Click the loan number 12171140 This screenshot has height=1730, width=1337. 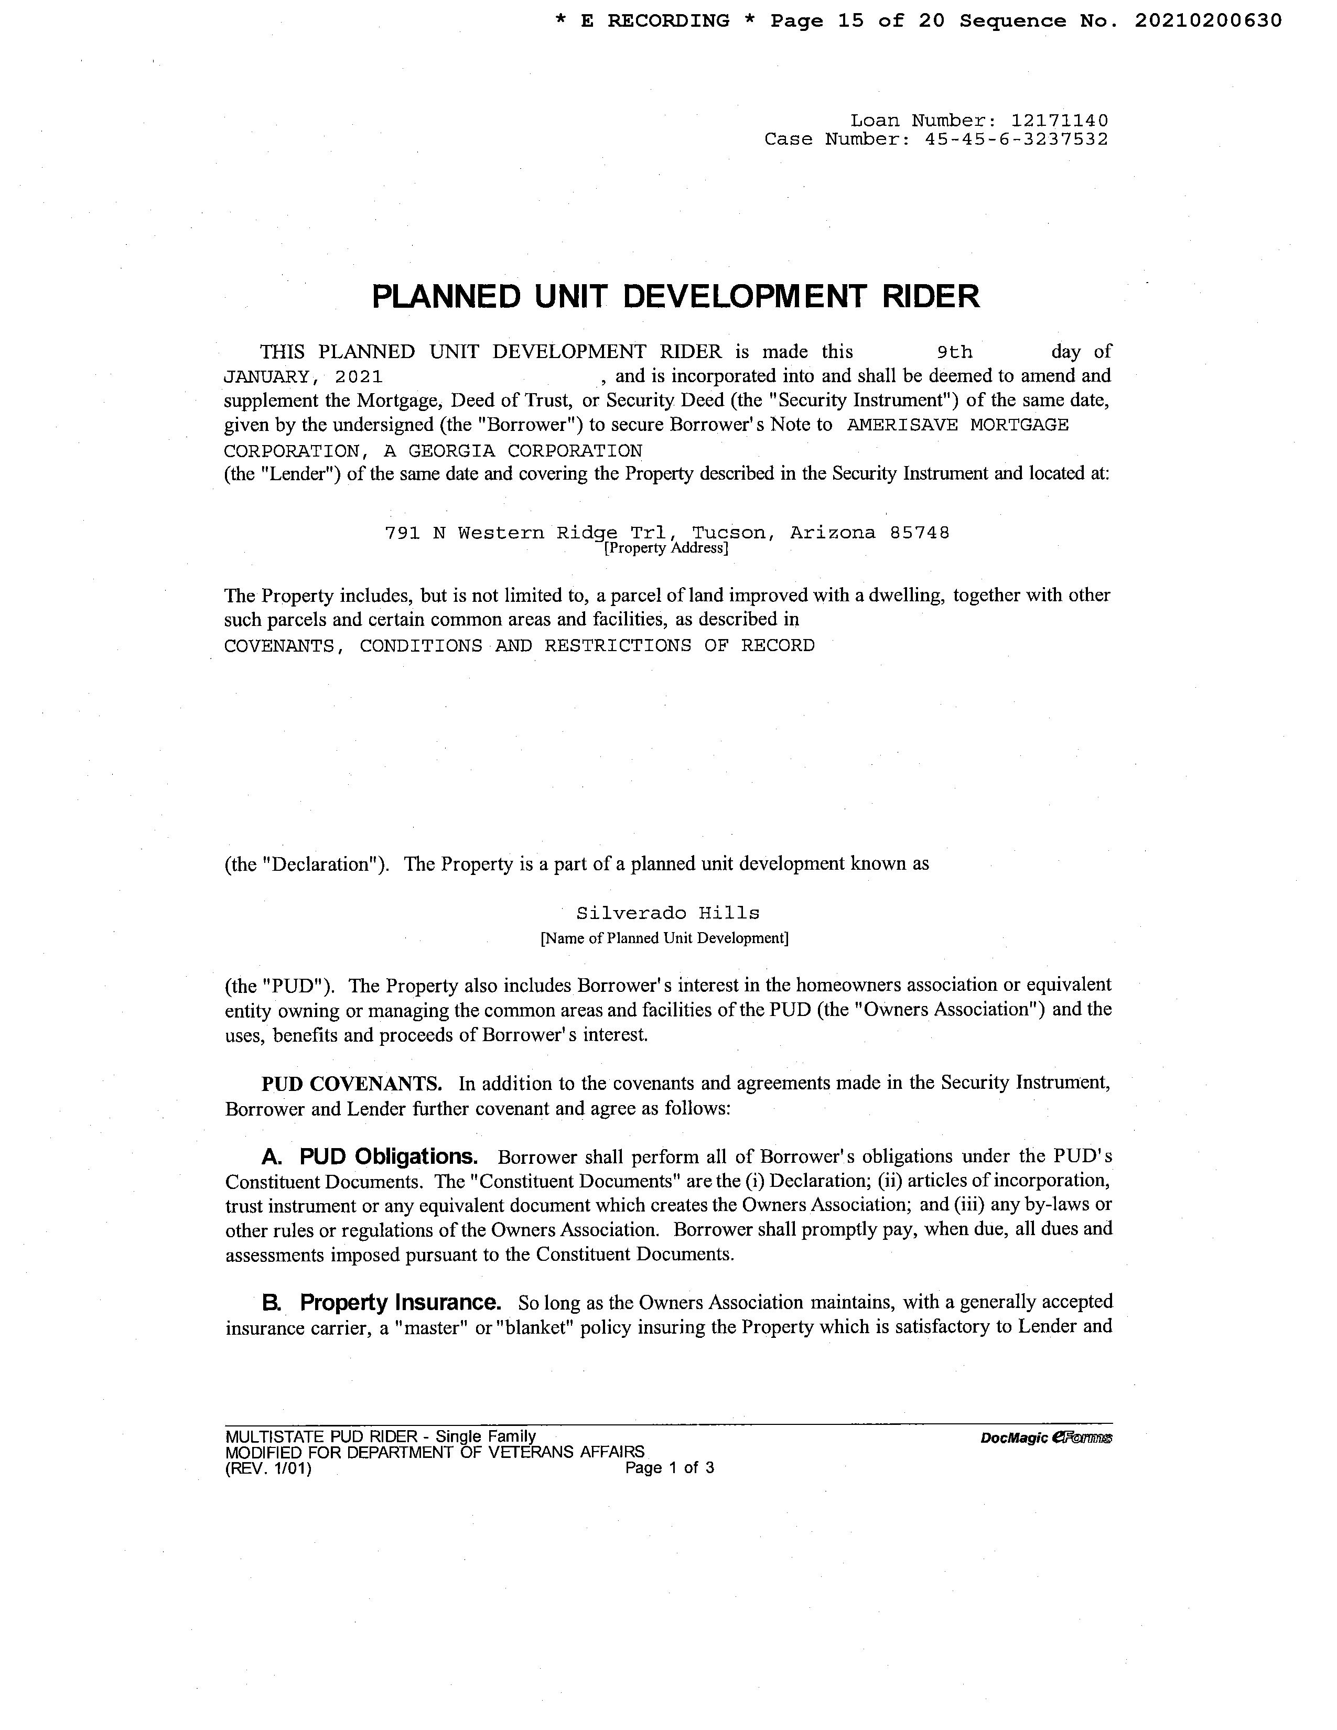[1059, 121]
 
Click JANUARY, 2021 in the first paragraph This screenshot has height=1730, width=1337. [304, 376]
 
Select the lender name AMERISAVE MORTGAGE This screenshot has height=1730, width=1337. [957, 425]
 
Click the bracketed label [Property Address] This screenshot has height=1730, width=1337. [666, 548]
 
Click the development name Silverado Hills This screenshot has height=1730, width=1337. [667, 913]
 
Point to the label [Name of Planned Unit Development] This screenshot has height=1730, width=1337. [664, 939]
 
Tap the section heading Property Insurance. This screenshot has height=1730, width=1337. [400, 1302]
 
